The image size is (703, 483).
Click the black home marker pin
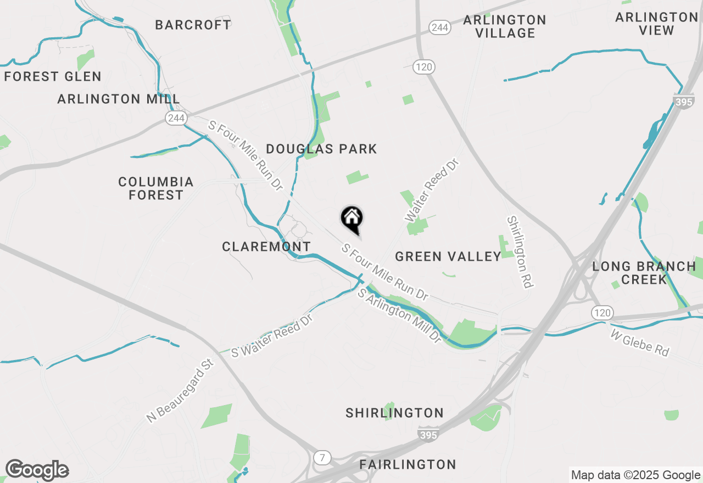[x=351, y=218]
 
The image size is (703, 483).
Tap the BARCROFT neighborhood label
[x=193, y=25]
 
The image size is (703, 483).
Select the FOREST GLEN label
[x=53, y=76]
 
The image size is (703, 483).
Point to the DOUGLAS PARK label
[x=321, y=149]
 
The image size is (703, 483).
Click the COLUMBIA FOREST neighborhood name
[x=156, y=188]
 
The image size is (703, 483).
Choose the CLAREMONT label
[x=266, y=247]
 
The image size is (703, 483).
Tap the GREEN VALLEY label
[x=448, y=256]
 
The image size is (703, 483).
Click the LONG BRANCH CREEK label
[x=644, y=273]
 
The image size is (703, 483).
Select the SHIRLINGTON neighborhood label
[x=394, y=413]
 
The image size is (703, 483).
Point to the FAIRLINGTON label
[x=408, y=465]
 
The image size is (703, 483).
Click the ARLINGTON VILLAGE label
[x=505, y=26]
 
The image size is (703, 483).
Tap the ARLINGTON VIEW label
[x=656, y=24]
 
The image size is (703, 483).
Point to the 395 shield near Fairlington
[x=428, y=435]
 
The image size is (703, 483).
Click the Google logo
[x=37, y=470]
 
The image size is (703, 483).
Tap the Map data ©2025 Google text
[x=635, y=475]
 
